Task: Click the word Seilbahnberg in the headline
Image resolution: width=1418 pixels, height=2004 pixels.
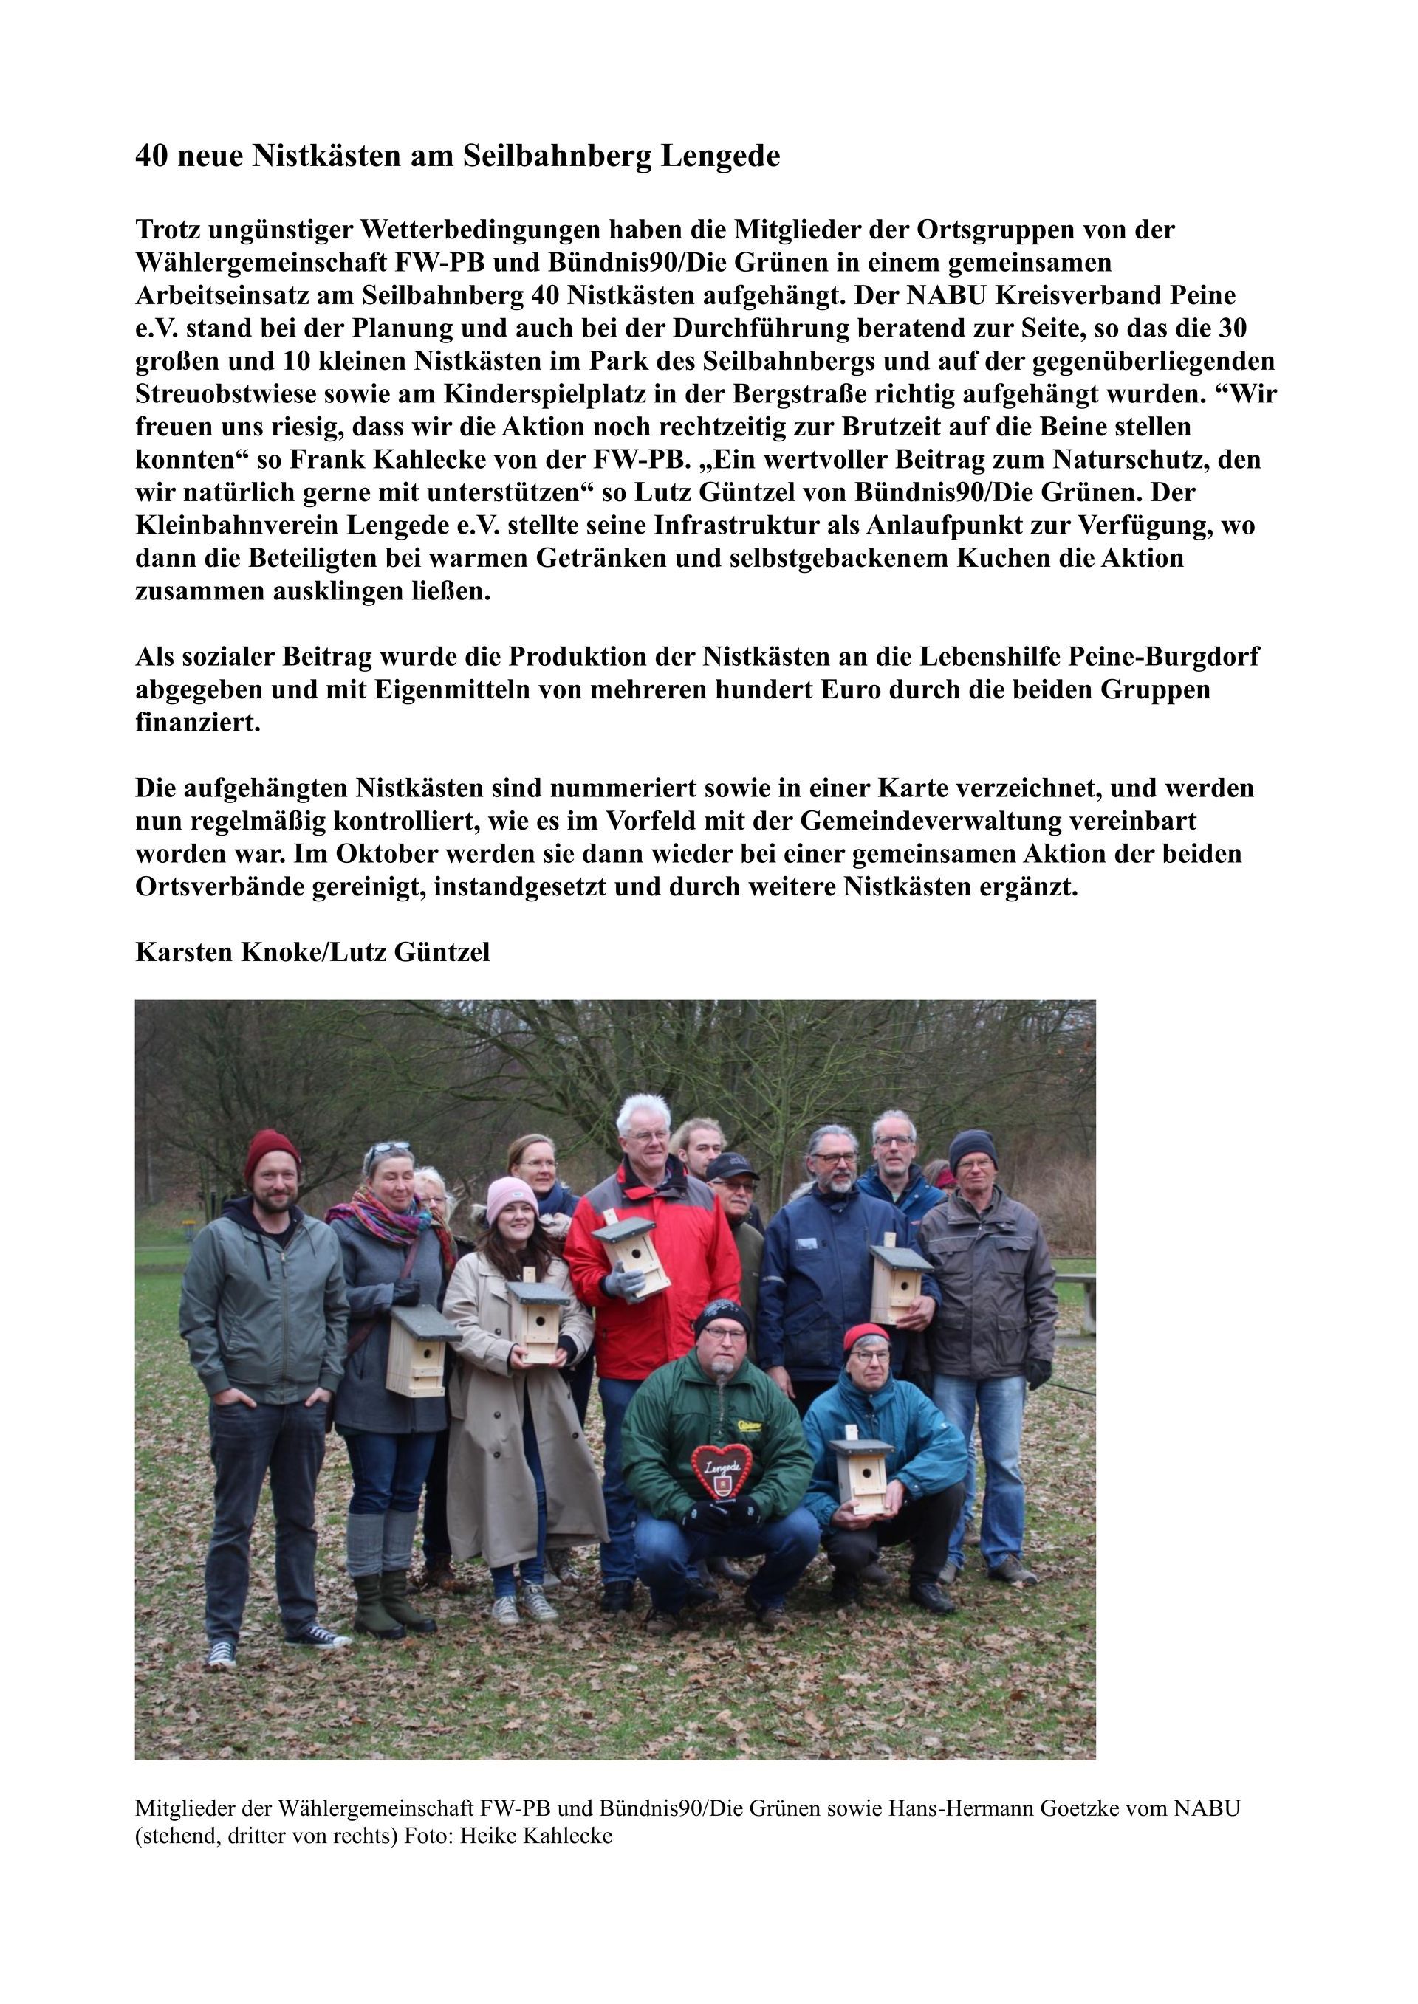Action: pos(556,156)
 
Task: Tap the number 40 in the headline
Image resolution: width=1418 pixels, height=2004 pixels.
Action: pos(151,156)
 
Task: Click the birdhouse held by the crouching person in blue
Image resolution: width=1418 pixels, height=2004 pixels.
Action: pos(862,1475)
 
